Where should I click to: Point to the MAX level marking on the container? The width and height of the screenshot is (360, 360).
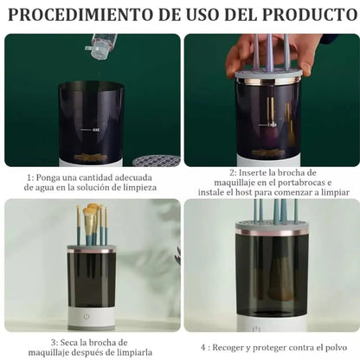(x=107, y=130)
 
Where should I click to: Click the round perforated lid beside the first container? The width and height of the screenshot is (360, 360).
(x=153, y=161)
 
